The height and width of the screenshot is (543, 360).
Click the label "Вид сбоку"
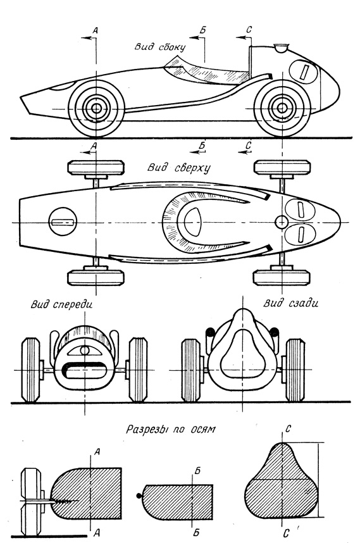pos(160,47)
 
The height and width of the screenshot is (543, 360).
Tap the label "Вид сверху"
pos(179,168)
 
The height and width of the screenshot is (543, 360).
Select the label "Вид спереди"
pos(61,304)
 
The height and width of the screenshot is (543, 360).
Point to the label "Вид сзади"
pos(291,303)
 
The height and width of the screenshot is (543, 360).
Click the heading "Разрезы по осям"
pos(170,430)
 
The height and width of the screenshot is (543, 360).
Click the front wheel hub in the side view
pos(96,108)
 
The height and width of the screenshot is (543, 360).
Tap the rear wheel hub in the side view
pos(282,108)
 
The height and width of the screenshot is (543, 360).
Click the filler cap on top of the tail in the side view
pos(281,48)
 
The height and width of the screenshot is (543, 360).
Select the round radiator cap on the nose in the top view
pos(63,222)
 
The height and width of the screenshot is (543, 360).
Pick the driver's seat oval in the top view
pos(192,222)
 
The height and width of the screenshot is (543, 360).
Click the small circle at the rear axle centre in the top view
pos(282,222)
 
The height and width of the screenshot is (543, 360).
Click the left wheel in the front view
pos(30,370)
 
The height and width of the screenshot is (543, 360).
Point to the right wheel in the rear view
pos(295,370)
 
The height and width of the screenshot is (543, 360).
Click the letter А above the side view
pos(96,30)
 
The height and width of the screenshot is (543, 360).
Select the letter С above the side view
pos(249,30)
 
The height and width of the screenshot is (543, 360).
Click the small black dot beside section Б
pos(139,496)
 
